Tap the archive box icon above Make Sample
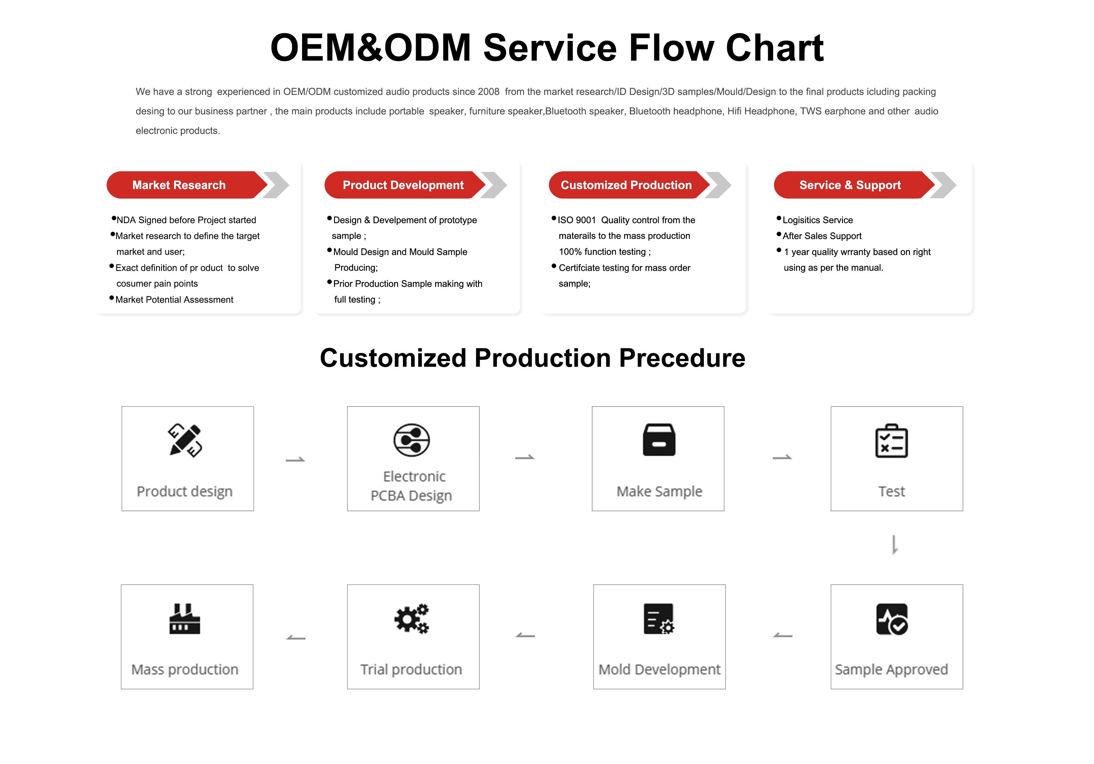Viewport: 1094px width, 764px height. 659,440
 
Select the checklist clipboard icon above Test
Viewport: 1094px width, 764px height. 891,441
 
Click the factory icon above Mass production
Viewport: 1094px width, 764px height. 185,619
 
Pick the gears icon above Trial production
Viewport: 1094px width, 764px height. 412,619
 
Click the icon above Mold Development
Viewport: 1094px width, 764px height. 659,619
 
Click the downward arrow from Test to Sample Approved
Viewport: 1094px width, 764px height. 894,545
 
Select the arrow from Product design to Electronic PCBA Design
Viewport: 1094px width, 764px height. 295,460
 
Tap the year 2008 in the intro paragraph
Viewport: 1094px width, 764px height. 489,91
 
